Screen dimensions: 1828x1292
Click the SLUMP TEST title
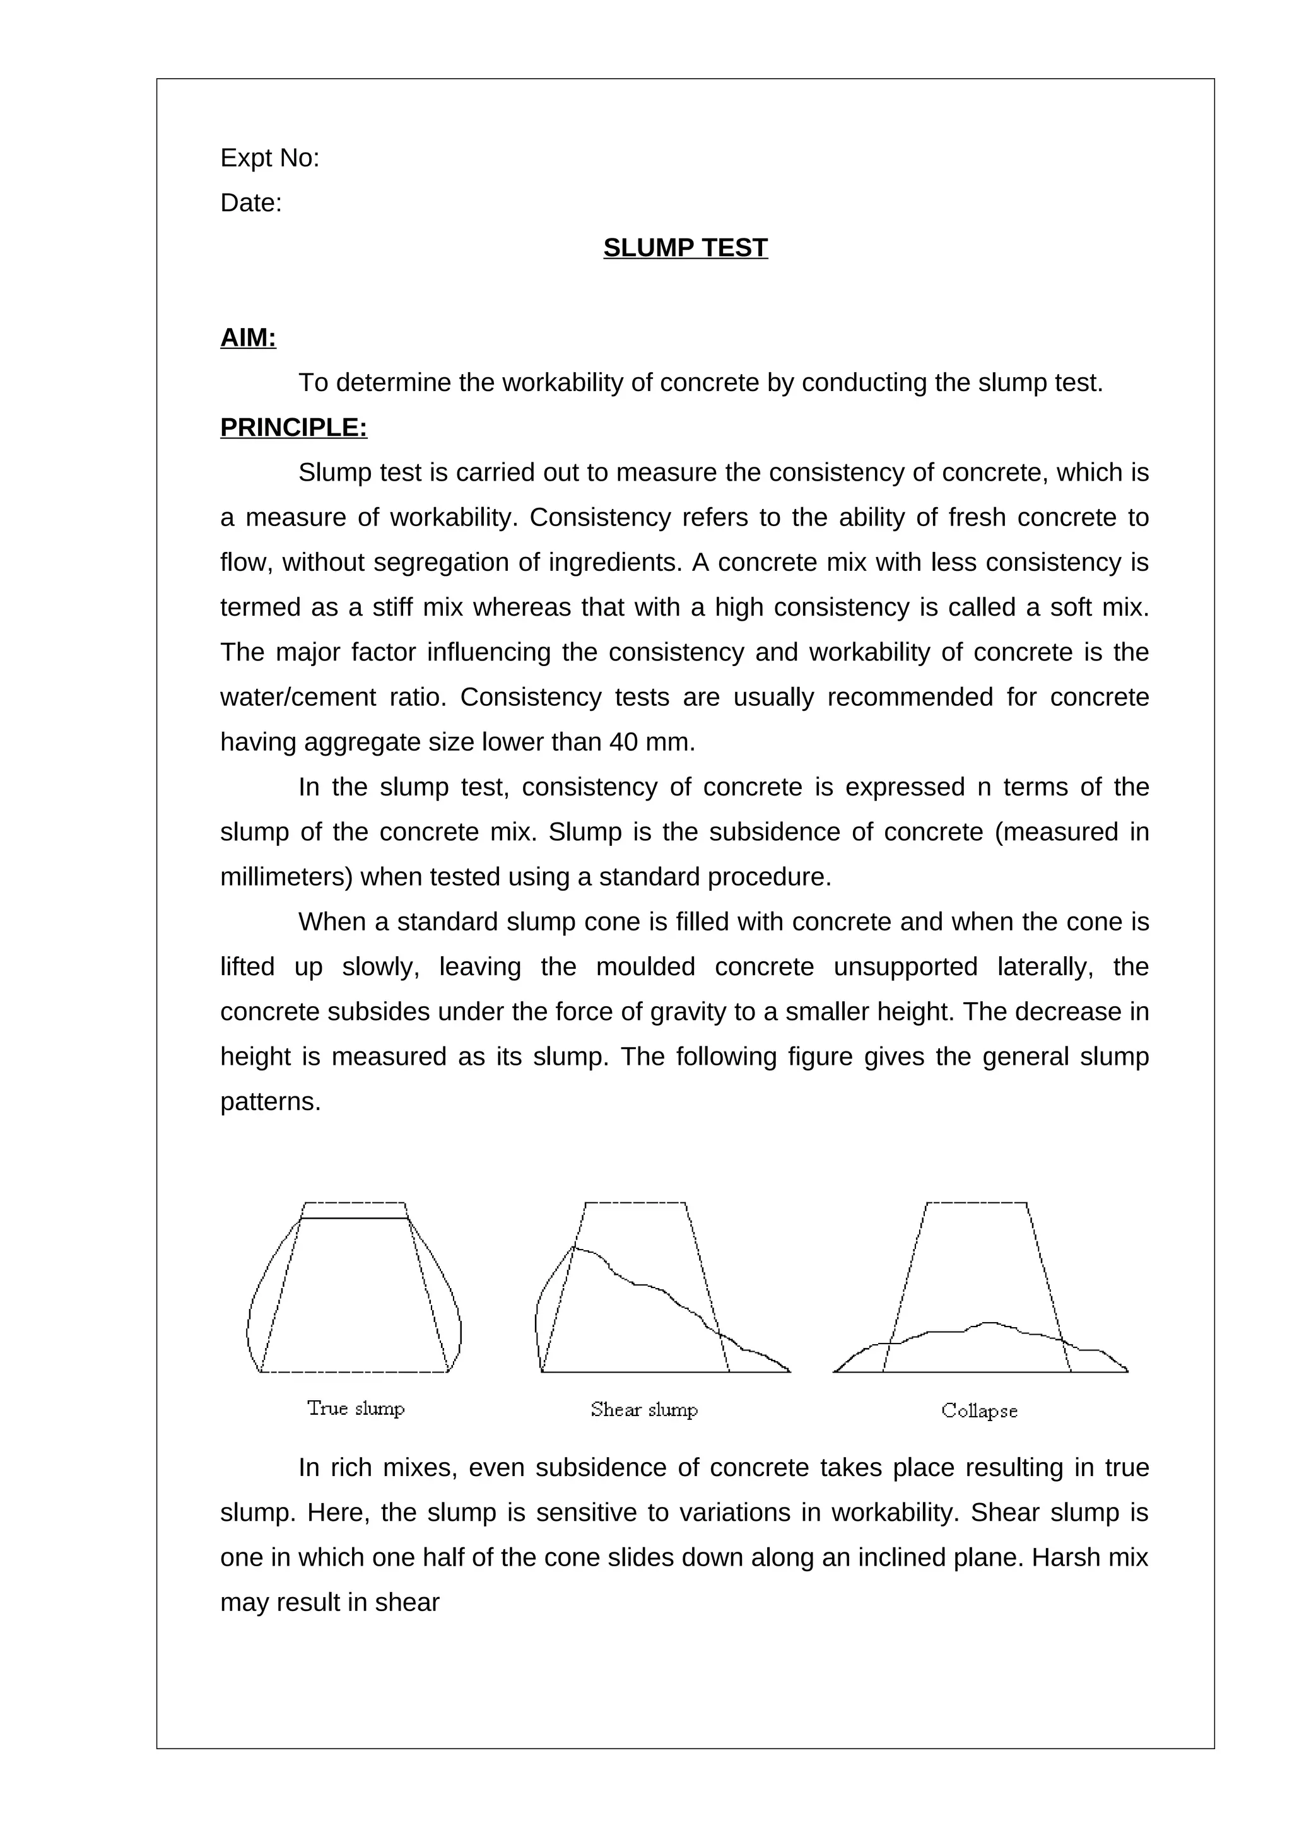click(x=684, y=248)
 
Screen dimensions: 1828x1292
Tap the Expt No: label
click(x=269, y=158)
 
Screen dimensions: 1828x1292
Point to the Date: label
click(x=250, y=203)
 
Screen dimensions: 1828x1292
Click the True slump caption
click(x=356, y=1409)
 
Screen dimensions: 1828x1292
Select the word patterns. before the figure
click(x=270, y=1102)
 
